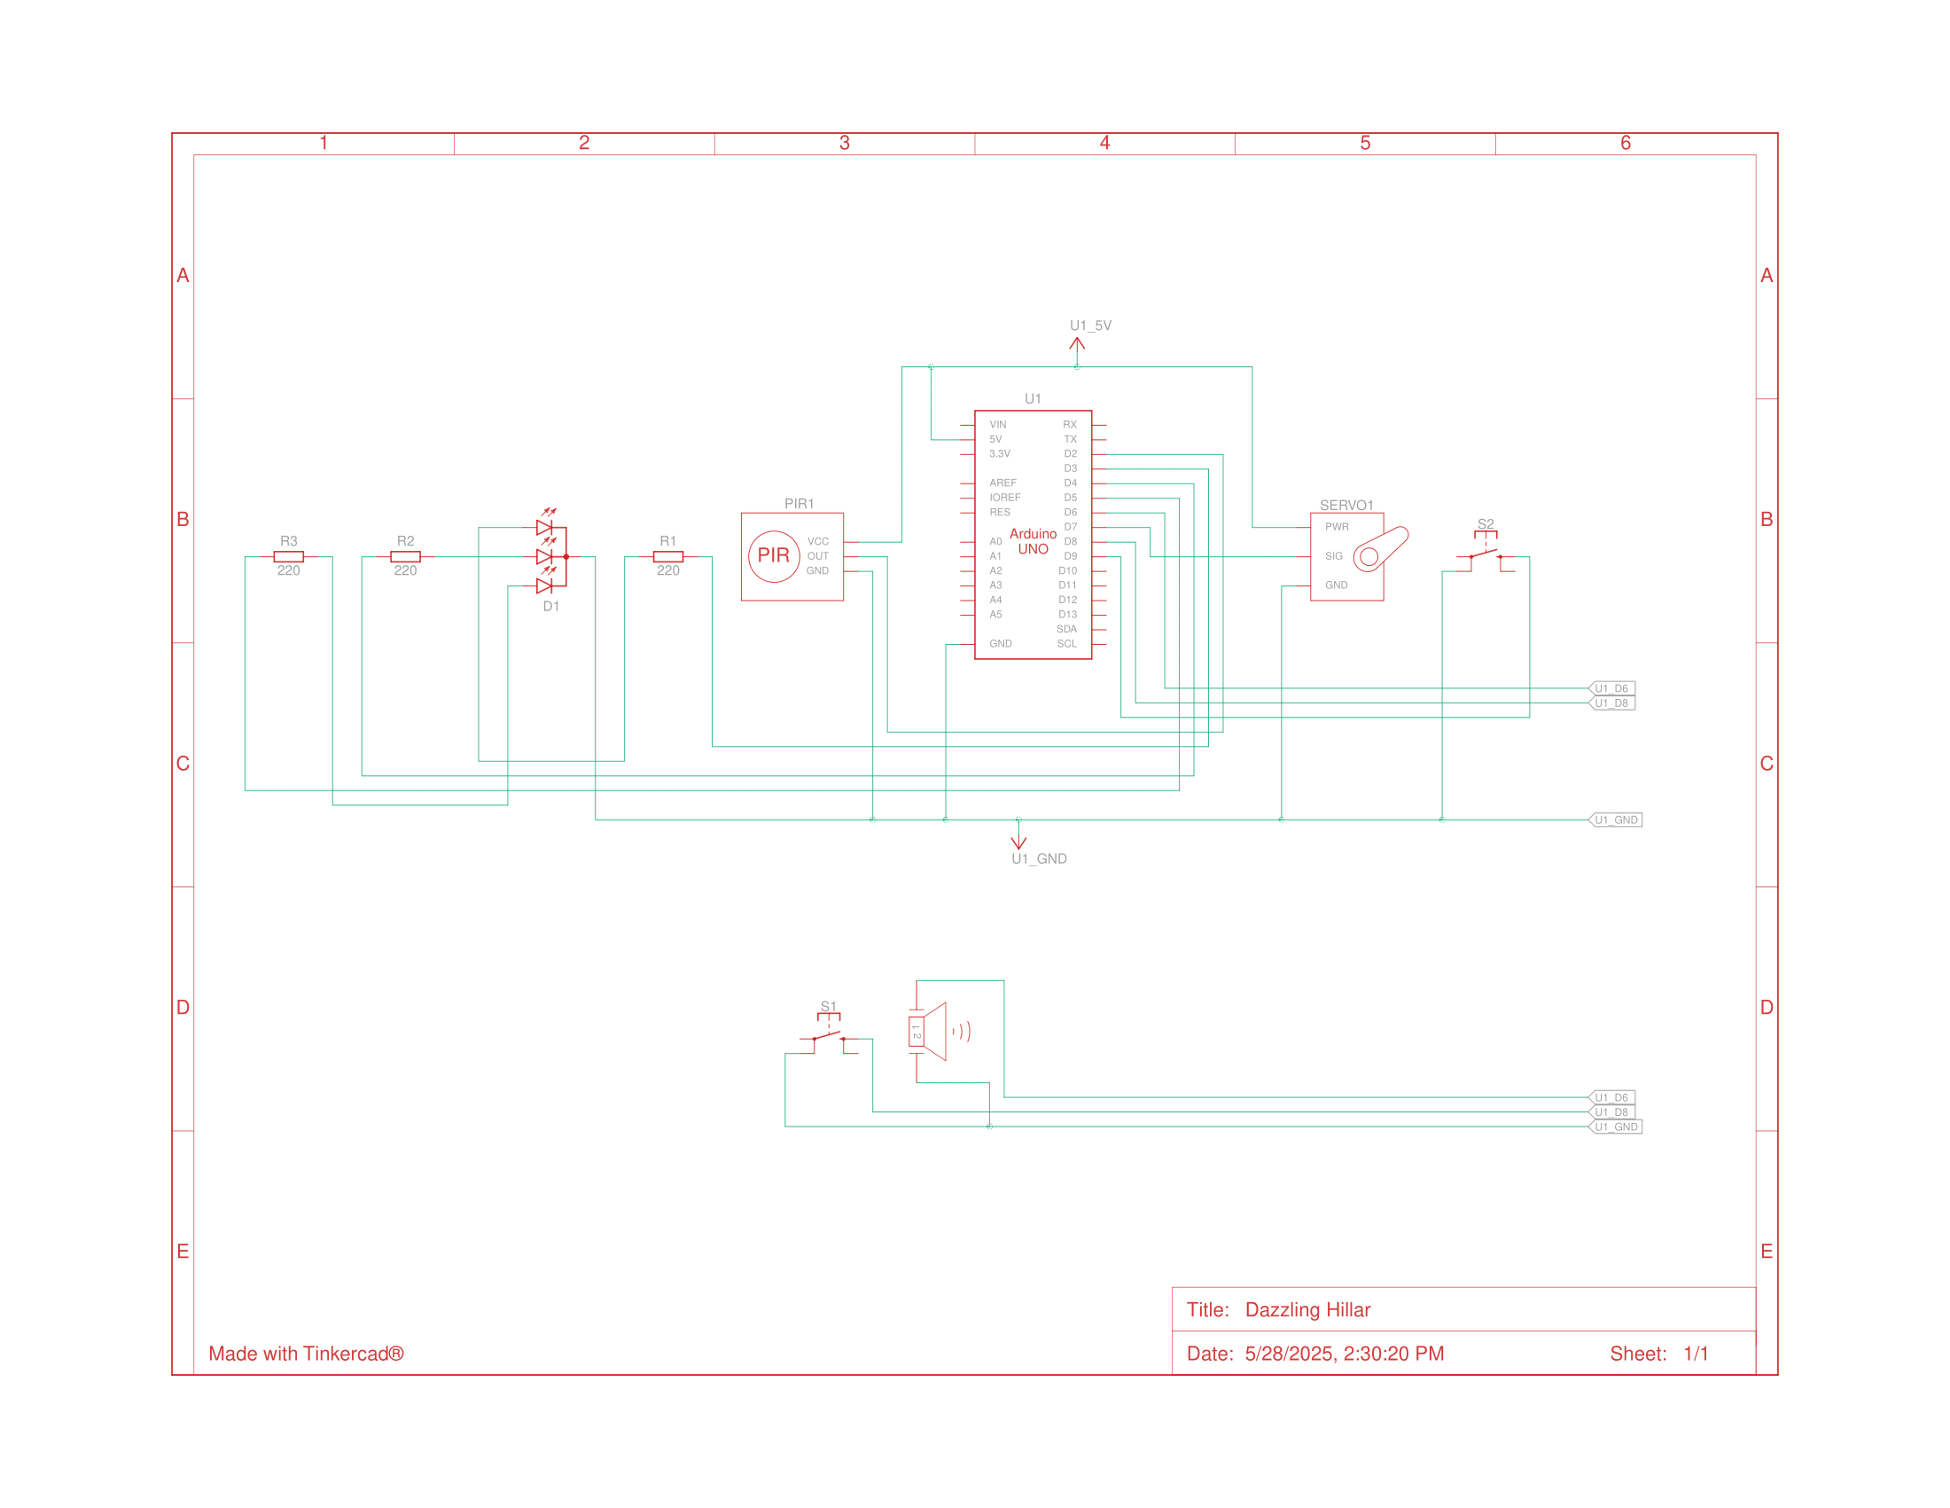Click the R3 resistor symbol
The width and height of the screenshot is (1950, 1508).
click(x=288, y=556)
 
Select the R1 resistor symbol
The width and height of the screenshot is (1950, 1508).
click(x=667, y=556)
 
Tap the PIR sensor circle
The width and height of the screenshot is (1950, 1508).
click(x=773, y=555)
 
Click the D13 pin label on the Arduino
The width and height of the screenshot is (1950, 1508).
click(x=1067, y=615)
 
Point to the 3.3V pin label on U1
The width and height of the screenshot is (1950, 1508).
click(x=999, y=454)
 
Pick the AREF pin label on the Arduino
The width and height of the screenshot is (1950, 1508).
click(x=1002, y=483)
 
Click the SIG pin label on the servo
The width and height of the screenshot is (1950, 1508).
click(x=1333, y=556)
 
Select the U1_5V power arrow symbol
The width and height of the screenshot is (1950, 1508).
click(x=1077, y=346)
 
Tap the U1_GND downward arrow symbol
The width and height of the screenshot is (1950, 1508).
click(x=1018, y=841)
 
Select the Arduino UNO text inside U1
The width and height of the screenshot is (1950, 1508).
click(x=1033, y=541)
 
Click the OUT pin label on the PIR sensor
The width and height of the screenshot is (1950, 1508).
click(x=817, y=556)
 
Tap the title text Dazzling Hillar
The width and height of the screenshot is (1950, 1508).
click(x=1307, y=1309)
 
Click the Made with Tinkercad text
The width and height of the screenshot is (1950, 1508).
click(x=306, y=1354)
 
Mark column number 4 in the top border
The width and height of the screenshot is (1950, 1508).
click(x=1104, y=143)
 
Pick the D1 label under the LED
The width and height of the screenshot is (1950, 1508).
click(x=551, y=607)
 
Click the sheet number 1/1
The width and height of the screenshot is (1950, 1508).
click(x=1696, y=1354)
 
